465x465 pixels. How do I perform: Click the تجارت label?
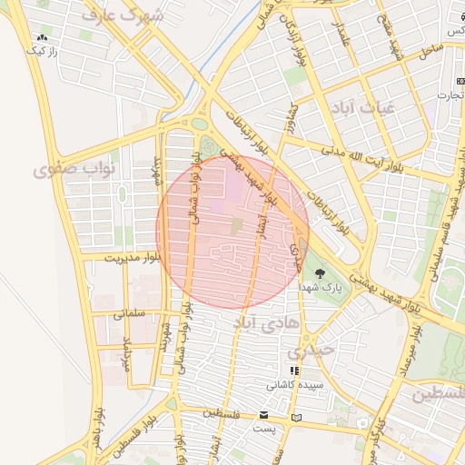449,94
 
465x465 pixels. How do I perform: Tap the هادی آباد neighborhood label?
261,322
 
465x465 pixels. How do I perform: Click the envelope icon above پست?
263,415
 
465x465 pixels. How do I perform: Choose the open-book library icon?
296,418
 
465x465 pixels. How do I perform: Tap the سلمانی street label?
130,313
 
